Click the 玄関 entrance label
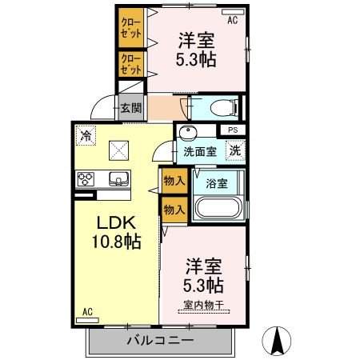tap(130, 107)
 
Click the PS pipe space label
tap(233, 130)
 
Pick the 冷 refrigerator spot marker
tap(86, 137)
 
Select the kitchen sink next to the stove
tap(118, 178)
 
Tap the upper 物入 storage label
tap(174, 181)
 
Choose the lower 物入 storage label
tap(174, 209)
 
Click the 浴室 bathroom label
tap(217, 182)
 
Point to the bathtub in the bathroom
tap(217, 210)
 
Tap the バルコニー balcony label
tap(160, 341)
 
